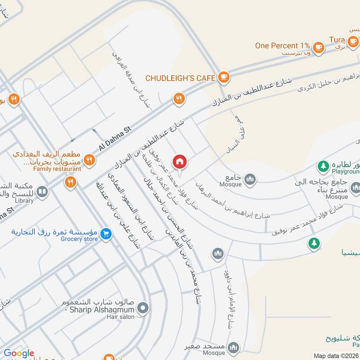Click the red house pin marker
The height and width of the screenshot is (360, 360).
point(180,162)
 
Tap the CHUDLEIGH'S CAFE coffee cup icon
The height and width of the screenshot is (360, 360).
point(223,78)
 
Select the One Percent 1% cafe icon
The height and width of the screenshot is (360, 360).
point(319,46)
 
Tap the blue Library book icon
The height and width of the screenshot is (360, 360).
point(42,193)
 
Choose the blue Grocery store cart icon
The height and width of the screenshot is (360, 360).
point(106,234)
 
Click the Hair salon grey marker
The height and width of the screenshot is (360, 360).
point(143,308)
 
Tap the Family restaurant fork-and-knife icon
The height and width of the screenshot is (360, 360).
point(90,159)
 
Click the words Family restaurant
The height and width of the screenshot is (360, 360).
point(58,169)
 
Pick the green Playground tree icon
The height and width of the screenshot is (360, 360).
point(323,166)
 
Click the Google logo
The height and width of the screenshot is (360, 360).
point(19,353)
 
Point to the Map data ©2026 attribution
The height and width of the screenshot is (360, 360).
point(335,355)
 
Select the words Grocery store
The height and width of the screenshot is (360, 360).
point(79,239)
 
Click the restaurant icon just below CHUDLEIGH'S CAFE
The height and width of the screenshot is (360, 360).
point(180,99)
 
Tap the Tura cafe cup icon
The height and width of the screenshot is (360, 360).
point(353,41)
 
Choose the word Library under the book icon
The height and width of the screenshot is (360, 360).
point(24,201)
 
